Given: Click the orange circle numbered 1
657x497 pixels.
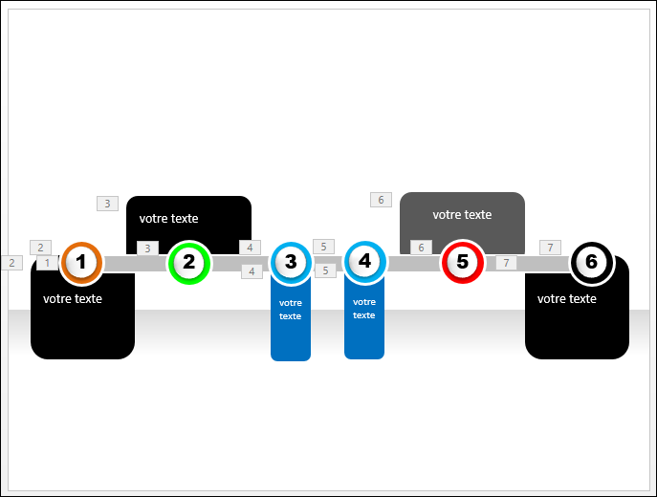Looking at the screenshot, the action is tap(81, 263).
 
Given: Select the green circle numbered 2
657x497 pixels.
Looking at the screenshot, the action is tap(189, 263).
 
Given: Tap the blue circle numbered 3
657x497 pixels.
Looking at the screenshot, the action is tap(291, 262).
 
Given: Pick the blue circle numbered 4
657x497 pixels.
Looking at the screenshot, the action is tap(364, 262).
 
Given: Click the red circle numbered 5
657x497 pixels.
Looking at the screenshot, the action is tap(463, 262).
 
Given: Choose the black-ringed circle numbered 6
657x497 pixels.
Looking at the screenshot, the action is tap(592, 263).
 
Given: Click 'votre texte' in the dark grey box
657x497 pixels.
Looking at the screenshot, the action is tap(462, 215).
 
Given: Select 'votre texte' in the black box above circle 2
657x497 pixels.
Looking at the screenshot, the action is tap(169, 219).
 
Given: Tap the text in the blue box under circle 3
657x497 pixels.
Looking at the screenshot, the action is tap(291, 310).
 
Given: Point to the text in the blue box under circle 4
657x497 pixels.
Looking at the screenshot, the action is tap(364, 309).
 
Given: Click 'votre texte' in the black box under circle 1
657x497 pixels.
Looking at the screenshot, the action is tap(73, 299).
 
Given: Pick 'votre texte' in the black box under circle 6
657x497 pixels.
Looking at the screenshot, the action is tap(567, 299).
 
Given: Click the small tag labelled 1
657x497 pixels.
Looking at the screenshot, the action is tap(48, 263).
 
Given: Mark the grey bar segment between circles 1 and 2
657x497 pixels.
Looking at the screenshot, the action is tap(136, 264).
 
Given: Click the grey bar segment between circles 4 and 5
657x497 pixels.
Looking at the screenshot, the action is tap(414, 263).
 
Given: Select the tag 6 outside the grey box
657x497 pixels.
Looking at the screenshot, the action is tap(381, 200).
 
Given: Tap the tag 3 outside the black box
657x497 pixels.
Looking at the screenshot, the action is tap(108, 204).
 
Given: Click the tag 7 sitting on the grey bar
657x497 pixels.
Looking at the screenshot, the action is tap(507, 263).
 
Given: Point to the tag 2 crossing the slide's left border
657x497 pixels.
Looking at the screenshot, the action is tap(11, 263).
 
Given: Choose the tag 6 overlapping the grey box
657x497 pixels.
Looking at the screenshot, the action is tap(421, 248).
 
